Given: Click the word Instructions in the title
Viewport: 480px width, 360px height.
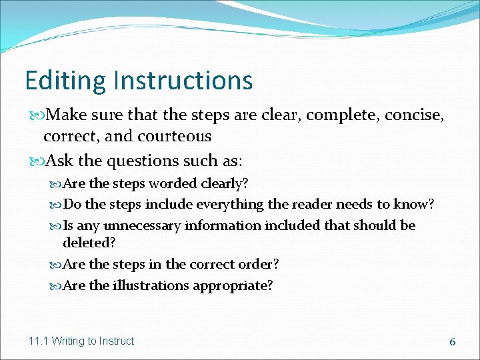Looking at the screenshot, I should (183, 81).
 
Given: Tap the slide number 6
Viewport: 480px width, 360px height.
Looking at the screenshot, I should (452, 341).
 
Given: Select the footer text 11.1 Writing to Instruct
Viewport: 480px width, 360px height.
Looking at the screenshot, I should (81, 341).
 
